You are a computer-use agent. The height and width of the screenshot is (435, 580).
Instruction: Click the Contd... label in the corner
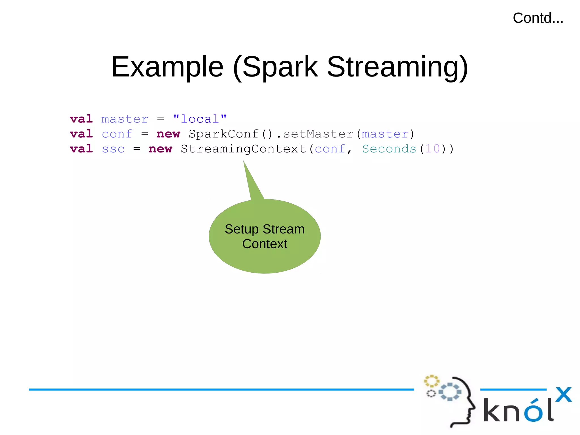pos(538,18)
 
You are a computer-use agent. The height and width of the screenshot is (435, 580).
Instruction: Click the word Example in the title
pos(167,67)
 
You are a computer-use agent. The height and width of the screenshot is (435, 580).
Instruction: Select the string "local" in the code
pos(200,119)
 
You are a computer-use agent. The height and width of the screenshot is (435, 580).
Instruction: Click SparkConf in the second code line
pos(223,134)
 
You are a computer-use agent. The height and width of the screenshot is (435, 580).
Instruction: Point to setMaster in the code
pos(318,134)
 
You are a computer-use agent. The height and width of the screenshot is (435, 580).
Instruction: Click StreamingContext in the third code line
pos(243,149)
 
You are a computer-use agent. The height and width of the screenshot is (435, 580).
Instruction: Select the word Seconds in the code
pos(389,149)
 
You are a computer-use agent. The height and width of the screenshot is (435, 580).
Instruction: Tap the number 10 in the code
pos(432,149)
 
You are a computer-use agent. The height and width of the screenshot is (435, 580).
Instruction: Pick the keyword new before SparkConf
pos(168,134)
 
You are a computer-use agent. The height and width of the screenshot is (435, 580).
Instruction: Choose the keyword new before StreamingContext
pos(160,149)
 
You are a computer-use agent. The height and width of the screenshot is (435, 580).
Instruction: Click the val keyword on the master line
pos(81,119)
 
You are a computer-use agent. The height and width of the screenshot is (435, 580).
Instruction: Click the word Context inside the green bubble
pos(265,244)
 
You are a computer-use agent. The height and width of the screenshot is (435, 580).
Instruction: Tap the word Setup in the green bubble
pos(242,229)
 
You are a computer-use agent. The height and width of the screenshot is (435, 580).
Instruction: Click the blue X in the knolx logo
pos(563,394)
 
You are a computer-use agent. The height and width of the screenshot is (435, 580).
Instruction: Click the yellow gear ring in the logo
pos(431,381)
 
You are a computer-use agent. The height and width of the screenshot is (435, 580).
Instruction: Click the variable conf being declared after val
pos(117,134)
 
